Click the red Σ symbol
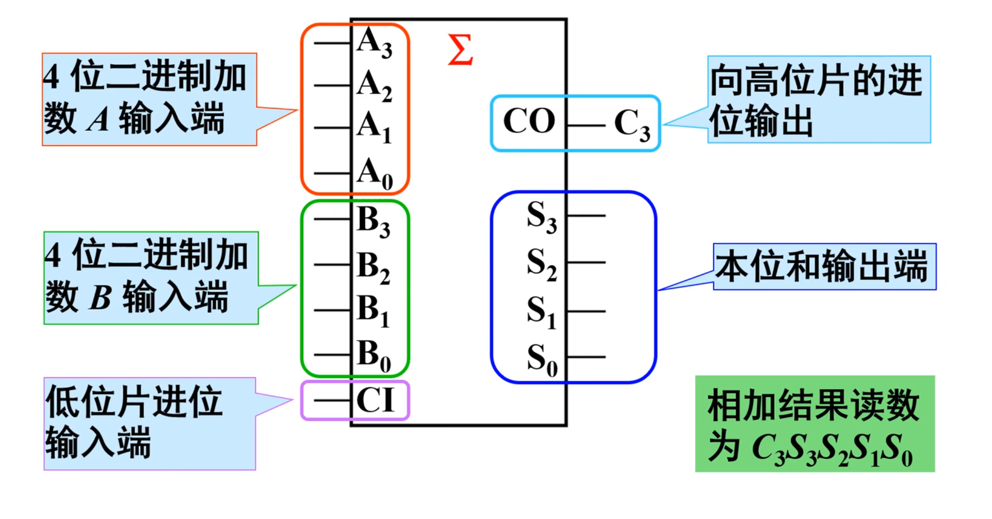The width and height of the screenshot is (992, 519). point(460,50)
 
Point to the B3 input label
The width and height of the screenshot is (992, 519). point(373,221)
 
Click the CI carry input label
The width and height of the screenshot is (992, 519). point(375,400)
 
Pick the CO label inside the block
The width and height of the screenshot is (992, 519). point(529,121)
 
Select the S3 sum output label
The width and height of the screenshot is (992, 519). point(542,217)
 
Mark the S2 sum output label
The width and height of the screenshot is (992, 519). point(542,263)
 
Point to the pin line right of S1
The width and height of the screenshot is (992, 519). point(586,311)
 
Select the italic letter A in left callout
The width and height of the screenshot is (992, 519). point(98,120)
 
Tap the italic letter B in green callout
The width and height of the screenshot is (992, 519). point(100,298)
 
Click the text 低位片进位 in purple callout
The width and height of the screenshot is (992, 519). point(134,402)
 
